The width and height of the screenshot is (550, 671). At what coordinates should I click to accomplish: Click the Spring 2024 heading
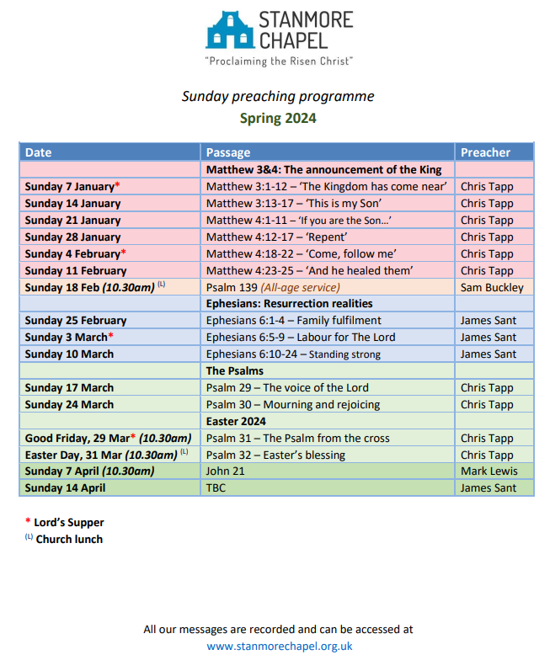pos(278,118)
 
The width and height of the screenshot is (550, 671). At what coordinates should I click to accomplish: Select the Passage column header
pos(228,152)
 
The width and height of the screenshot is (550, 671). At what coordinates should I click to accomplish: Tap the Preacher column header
pos(485,152)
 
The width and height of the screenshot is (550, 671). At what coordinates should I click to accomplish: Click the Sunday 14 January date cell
pos(72,203)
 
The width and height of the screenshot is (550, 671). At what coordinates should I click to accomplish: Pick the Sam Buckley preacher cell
pos(492,287)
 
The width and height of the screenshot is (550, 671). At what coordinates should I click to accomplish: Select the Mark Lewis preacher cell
pos(489,471)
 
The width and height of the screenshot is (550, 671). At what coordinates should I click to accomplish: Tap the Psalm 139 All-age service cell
pos(273,287)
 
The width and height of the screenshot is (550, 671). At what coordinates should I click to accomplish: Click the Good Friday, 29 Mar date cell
pos(108,438)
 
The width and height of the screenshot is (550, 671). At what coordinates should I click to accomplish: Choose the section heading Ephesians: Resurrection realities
pos(289,303)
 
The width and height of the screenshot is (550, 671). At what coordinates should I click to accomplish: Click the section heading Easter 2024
pos(236,421)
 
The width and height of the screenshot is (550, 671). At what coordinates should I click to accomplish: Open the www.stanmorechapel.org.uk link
pos(279,647)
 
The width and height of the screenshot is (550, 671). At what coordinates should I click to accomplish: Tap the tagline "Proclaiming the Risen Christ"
pos(279,61)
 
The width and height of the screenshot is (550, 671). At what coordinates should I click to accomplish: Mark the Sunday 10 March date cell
pos(69,354)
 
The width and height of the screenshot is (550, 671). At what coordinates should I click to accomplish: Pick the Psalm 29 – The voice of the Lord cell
pos(287,387)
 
